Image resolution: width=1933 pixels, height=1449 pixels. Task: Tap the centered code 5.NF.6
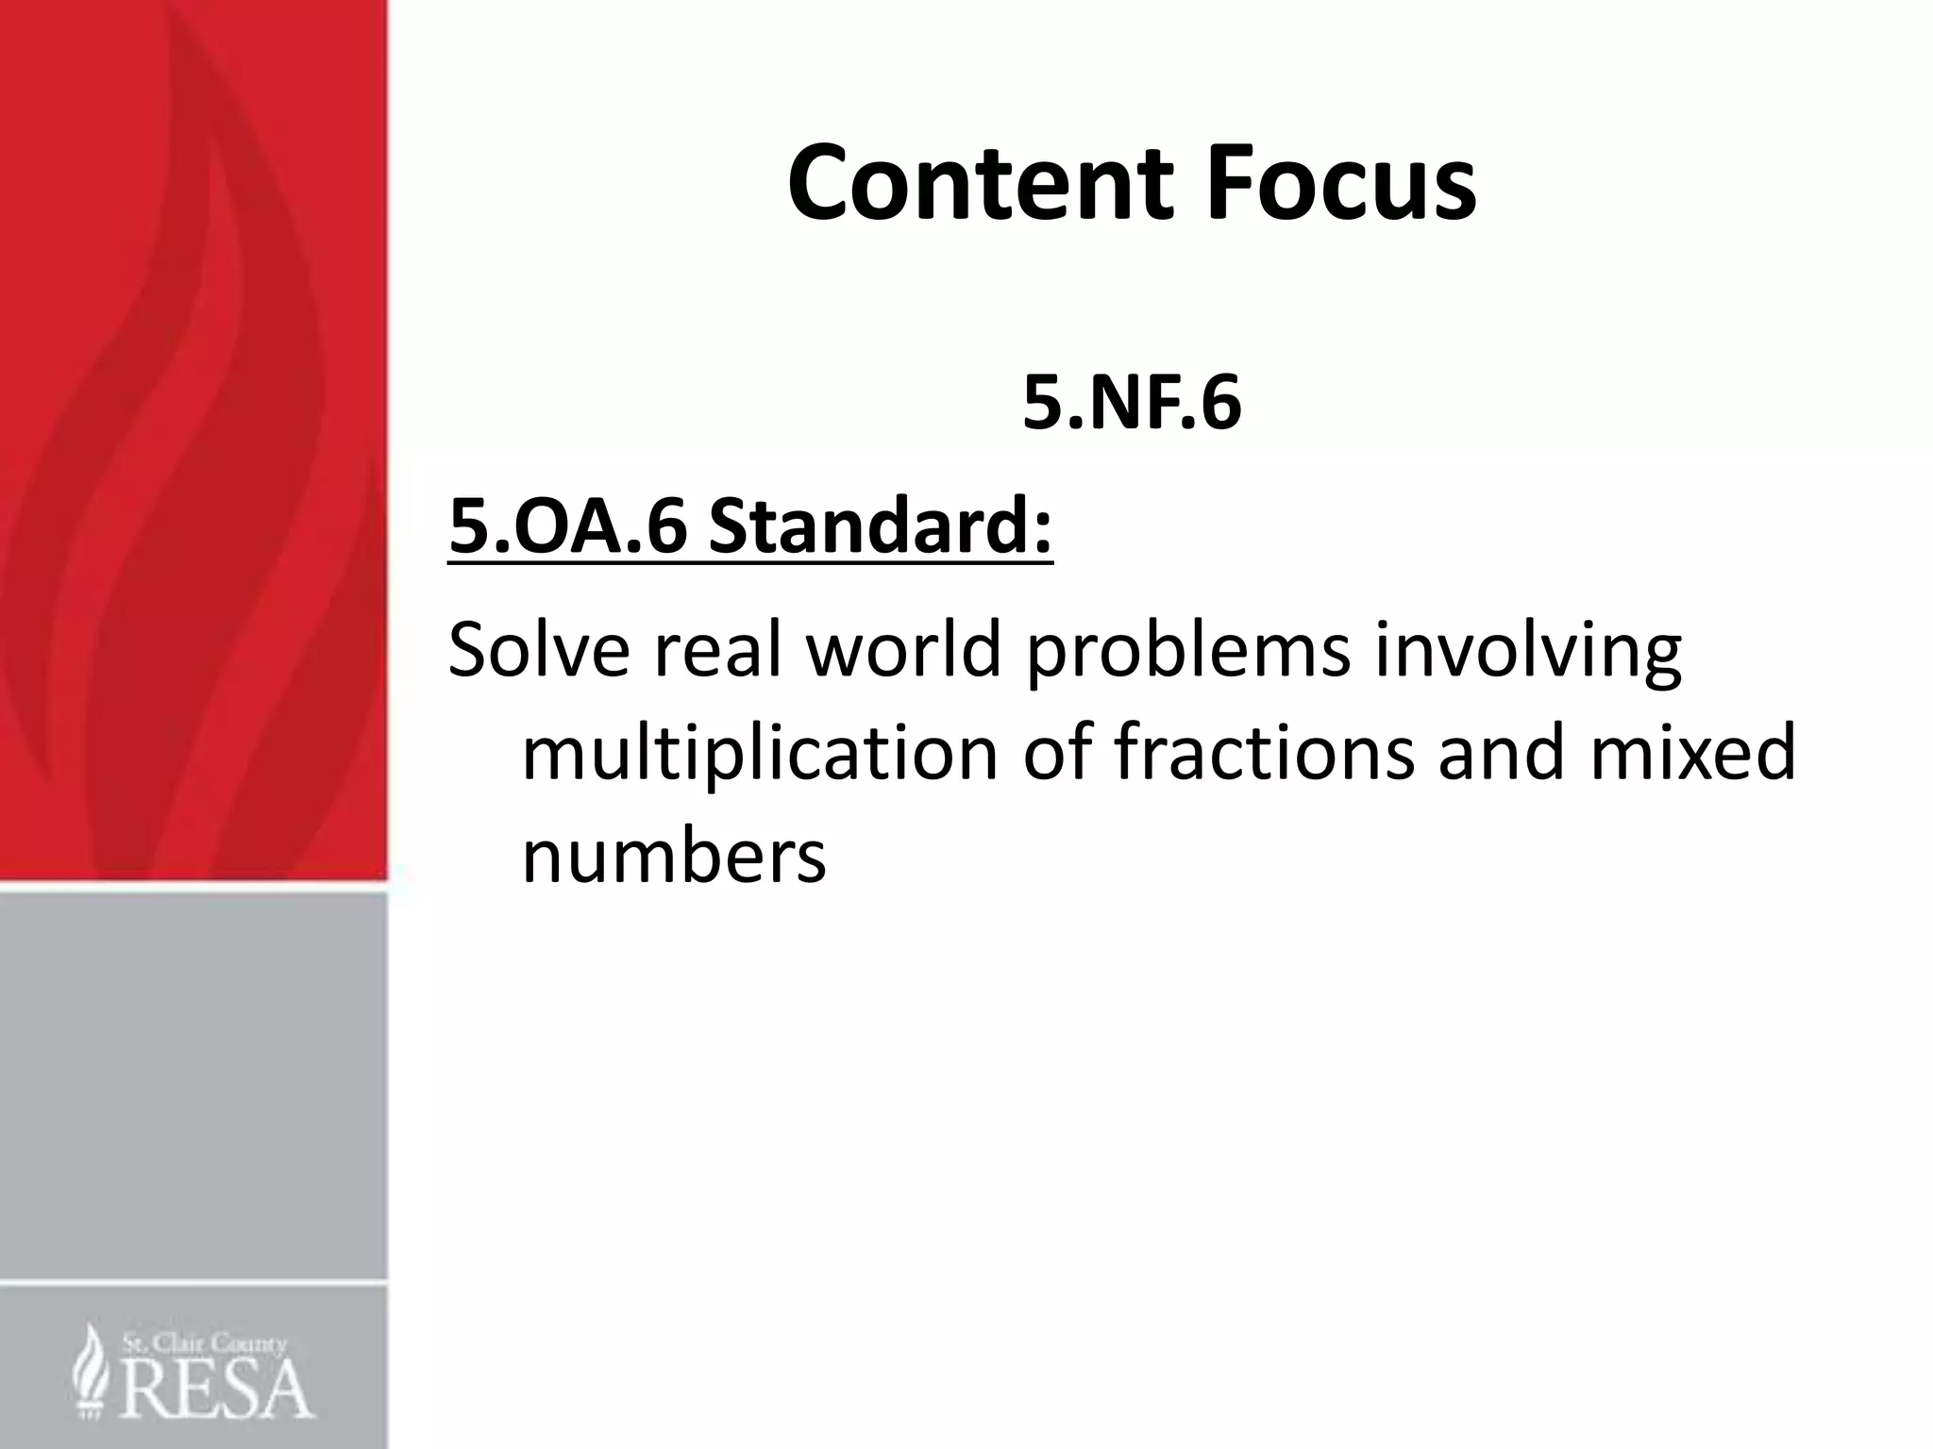click(x=1131, y=404)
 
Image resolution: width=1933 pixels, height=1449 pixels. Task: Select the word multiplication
click(x=760, y=756)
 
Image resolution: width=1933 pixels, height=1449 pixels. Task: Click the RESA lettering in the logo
click(x=217, y=1388)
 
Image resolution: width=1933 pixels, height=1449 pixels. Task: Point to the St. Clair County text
click(x=203, y=1343)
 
